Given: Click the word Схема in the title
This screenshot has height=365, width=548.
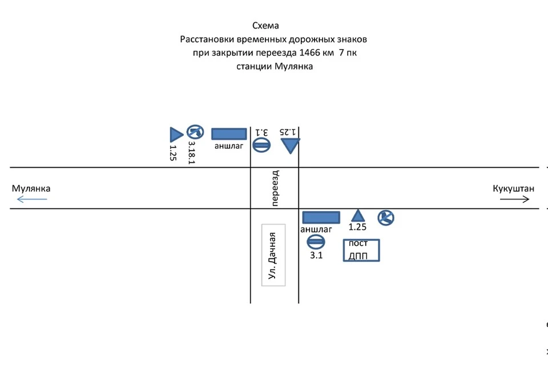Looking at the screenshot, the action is click(x=265, y=26).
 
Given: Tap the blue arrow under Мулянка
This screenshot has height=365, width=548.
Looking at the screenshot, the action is click(x=32, y=199).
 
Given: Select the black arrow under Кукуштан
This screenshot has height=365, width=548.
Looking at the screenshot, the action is click(x=514, y=199).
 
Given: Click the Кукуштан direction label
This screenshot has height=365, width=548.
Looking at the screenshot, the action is click(x=513, y=189).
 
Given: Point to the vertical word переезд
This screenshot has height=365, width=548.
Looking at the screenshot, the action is click(x=275, y=188).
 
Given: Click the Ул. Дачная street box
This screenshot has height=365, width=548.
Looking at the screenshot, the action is click(x=273, y=255).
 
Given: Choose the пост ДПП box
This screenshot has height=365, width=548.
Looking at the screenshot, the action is click(x=361, y=250).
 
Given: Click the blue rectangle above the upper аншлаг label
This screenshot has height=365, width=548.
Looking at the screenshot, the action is click(x=229, y=134).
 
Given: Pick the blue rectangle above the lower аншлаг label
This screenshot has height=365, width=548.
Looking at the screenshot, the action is click(x=321, y=217).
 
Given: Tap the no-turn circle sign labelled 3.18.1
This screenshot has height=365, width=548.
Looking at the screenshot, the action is click(x=195, y=132).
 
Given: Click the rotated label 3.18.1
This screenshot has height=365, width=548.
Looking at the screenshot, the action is click(x=192, y=153).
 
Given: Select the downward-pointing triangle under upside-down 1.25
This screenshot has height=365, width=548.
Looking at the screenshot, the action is click(x=291, y=144).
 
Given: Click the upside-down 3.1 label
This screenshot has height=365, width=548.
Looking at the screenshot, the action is click(x=262, y=132).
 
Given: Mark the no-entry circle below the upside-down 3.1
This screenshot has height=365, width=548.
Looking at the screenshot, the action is click(x=261, y=145).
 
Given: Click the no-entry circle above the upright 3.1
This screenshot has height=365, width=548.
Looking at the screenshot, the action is click(x=316, y=242).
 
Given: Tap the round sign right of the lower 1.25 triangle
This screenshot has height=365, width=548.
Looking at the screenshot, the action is click(x=386, y=218).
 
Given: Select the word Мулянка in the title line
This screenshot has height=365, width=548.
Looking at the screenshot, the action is click(x=293, y=66).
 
